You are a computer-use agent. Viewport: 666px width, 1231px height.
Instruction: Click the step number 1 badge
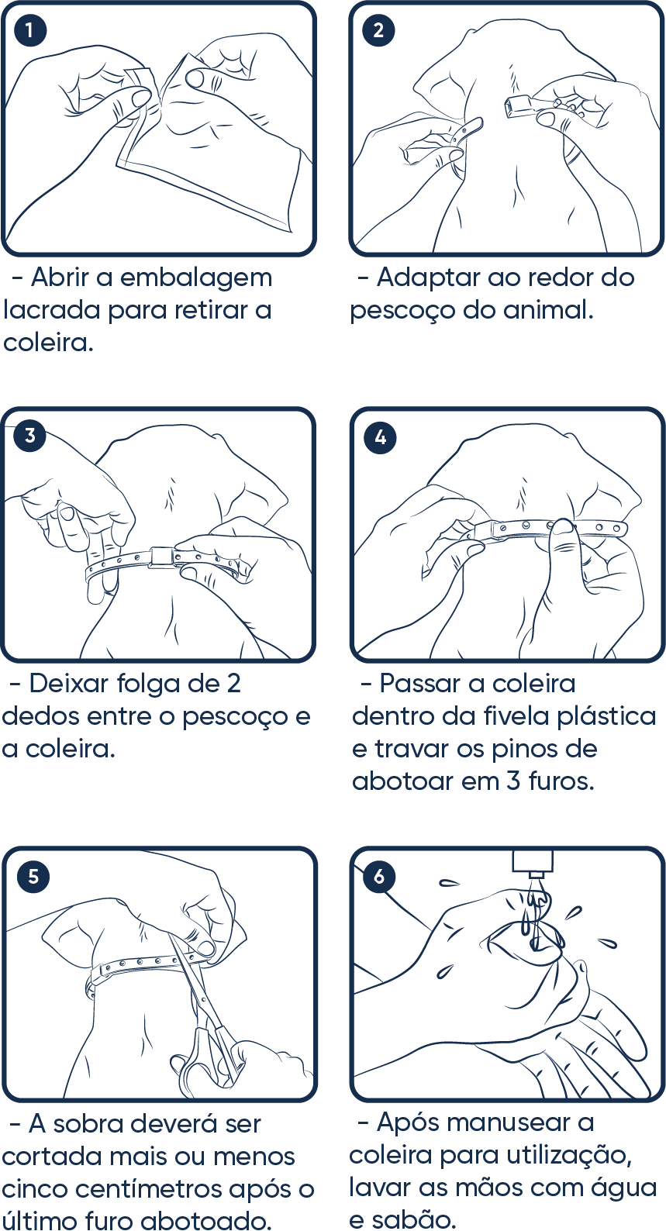(29, 29)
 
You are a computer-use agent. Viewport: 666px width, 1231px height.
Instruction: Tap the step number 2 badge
(378, 29)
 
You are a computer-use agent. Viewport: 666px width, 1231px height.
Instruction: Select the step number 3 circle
(29, 435)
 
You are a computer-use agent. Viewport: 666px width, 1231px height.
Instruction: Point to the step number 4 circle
(380, 437)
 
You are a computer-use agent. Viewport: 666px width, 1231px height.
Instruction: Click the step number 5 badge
(33, 876)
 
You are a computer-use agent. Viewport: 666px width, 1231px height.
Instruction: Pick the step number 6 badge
(378, 876)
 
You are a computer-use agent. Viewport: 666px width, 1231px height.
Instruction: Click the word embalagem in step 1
(196, 278)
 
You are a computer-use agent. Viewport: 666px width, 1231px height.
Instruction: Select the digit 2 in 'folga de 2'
(233, 684)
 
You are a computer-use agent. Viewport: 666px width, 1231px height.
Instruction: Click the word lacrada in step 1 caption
(52, 311)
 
